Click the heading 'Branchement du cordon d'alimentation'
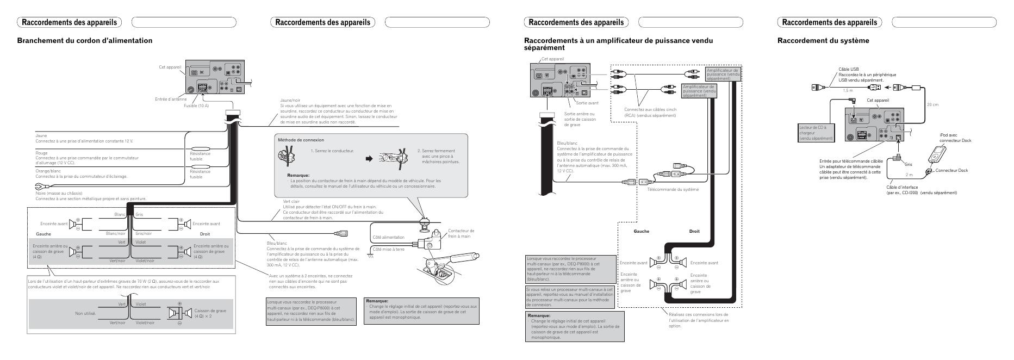(x=85, y=41)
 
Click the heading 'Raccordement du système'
(x=823, y=41)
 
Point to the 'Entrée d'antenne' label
(x=171, y=99)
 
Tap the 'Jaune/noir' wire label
(x=290, y=100)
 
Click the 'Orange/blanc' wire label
(x=48, y=171)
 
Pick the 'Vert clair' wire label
(x=291, y=201)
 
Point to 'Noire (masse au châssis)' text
(x=59, y=194)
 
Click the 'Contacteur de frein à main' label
(x=461, y=233)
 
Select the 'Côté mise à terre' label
(x=388, y=250)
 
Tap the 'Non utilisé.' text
(x=85, y=313)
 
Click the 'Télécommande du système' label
(x=673, y=189)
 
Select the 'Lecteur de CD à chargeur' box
(x=816, y=133)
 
